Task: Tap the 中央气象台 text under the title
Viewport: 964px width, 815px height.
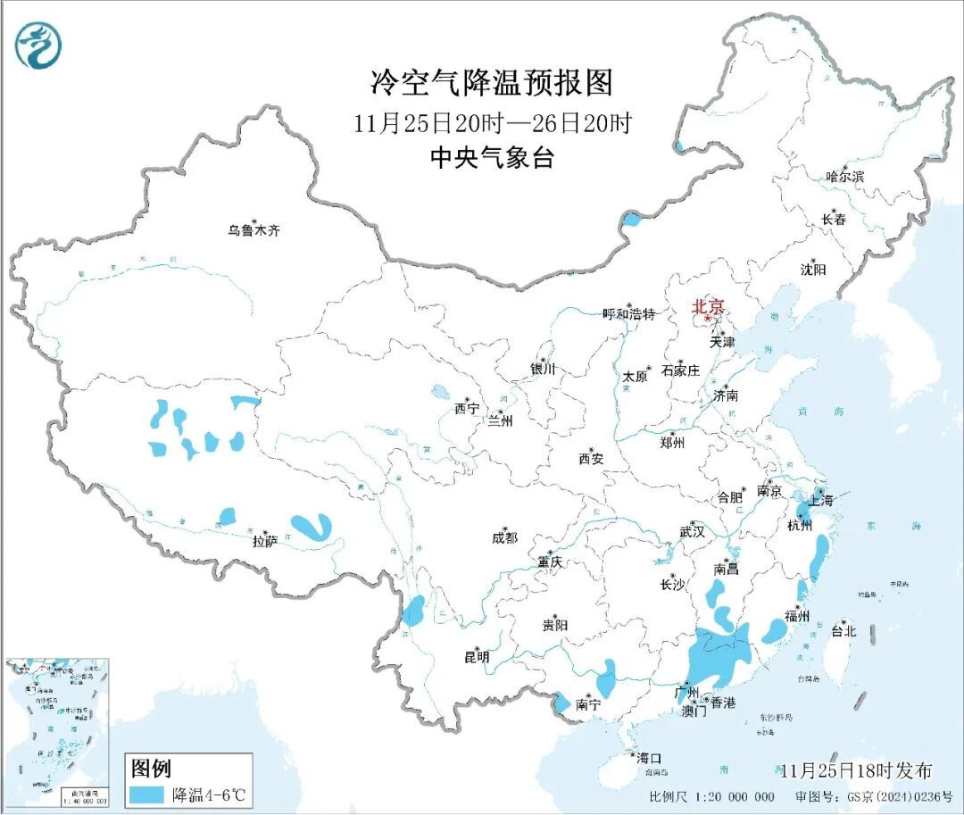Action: pos(492,158)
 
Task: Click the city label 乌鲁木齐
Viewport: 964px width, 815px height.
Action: pos(253,230)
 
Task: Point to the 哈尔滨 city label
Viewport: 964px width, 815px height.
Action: pos(844,177)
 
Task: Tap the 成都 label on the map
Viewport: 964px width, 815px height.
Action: pos(504,537)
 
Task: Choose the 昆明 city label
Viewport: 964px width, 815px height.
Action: pos(477,657)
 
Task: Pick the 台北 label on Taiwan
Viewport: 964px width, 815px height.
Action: pos(843,631)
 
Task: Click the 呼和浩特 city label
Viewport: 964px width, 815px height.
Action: pos(628,314)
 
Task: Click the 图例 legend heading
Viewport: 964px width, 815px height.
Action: pos(151,768)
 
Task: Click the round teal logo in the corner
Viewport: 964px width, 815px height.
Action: pos(39,46)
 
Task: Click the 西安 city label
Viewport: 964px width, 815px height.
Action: pos(590,459)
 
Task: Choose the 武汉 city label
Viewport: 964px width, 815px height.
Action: pos(692,532)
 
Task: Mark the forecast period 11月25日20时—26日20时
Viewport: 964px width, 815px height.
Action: pos(492,123)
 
